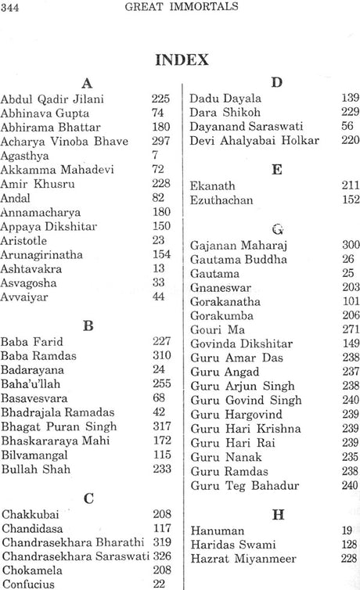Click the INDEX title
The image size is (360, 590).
coord(181,59)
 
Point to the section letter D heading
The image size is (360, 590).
coord(275,81)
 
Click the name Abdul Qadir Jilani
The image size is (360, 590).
coord(52,99)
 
